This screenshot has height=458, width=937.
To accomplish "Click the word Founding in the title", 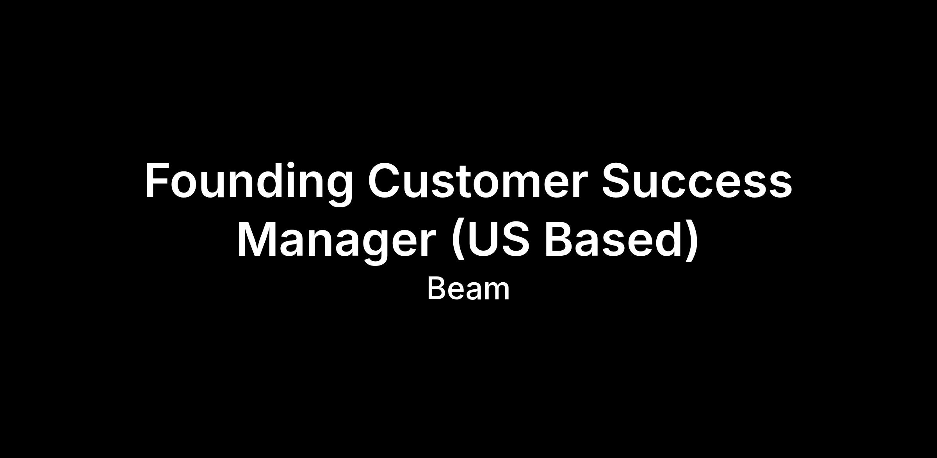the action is [x=249, y=183].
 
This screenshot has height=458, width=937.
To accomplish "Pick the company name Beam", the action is [x=468, y=289].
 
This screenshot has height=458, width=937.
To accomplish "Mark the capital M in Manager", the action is [x=255, y=239].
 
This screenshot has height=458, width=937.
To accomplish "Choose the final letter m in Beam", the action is [x=496, y=292].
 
